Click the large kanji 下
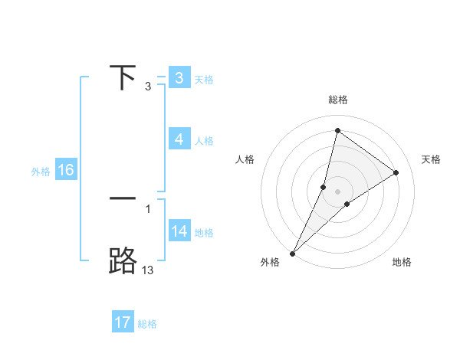point(123,78)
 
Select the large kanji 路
point(123,260)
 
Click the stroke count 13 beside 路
point(148,270)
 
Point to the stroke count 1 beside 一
point(148,208)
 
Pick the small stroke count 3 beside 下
point(148,87)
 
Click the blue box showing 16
point(65,170)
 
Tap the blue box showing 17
point(123,322)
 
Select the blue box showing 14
point(179,231)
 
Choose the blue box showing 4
point(179,139)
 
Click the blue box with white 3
point(179,78)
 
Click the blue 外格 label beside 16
point(41,172)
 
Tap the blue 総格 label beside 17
point(147,324)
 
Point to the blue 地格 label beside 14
point(204,232)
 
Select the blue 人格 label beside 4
point(204,141)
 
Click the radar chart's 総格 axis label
point(337,100)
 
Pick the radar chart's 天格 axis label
point(432,159)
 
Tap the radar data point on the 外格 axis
point(292,253)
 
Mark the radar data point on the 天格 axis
point(396,172)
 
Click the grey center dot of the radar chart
point(337,191)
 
